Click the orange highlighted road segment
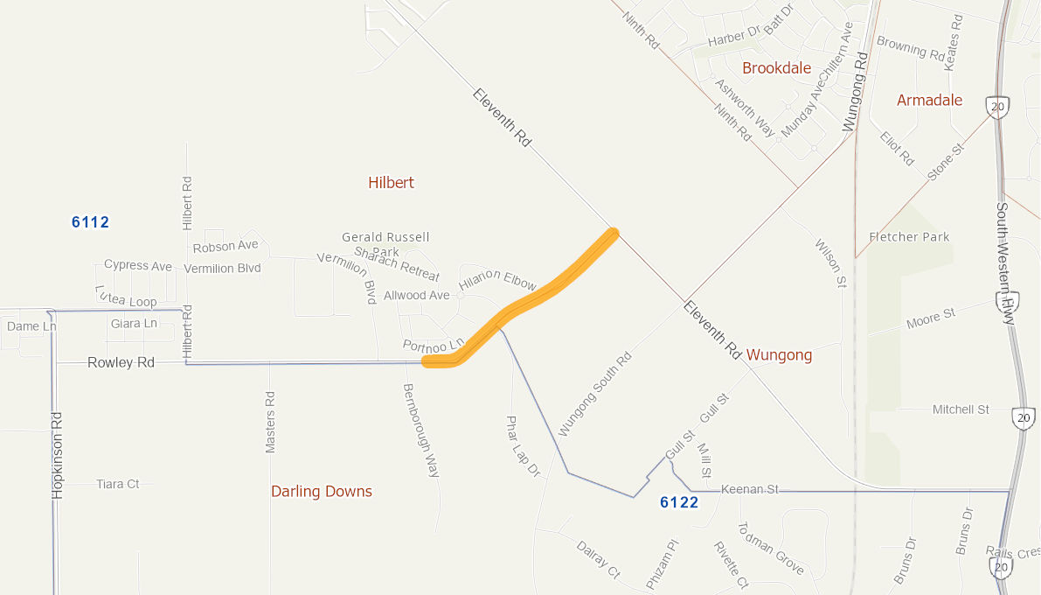pos(533,297)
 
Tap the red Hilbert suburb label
pos(391,183)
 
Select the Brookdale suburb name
pos(776,68)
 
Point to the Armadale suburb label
pos(929,101)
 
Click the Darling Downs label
pos(322,492)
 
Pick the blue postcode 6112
pos(90,222)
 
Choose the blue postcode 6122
pos(679,502)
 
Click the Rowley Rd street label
pos(121,362)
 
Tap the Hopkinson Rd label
pos(59,455)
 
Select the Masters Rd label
pos(270,422)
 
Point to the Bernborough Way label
pos(420,430)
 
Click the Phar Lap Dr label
pos(523,446)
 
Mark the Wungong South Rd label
pos(594,395)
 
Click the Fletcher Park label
pos(909,237)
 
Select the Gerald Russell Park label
pos(385,244)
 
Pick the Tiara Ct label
pos(117,484)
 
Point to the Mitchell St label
pos(960,409)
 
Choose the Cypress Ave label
pos(138,265)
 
